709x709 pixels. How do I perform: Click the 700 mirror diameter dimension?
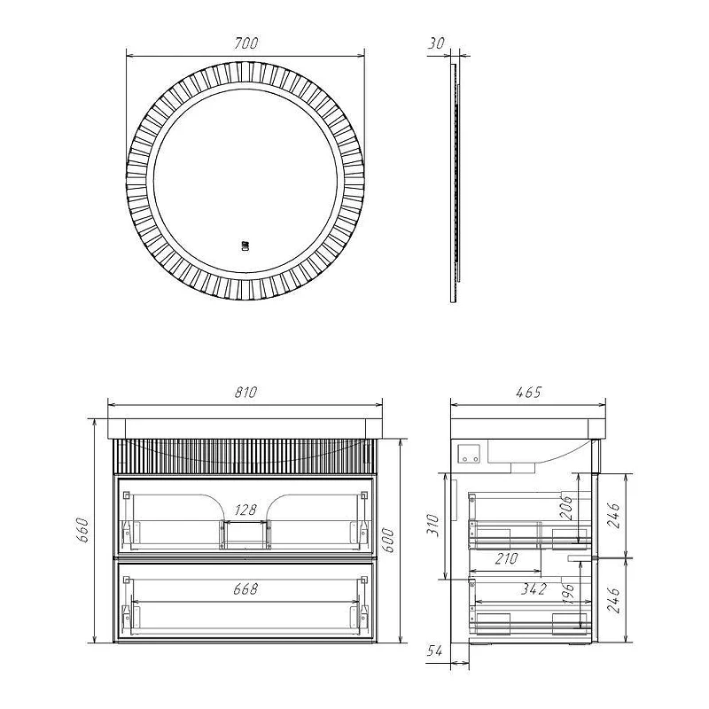point(246,43)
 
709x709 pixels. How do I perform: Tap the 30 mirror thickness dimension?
point(436,43)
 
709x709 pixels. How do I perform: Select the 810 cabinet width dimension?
point(245,392)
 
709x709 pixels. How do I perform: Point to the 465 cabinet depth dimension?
point(528,392)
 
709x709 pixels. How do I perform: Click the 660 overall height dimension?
point(84,530)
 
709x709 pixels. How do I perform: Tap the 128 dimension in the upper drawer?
point(245,510)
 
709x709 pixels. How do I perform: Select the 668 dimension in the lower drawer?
point(245,588)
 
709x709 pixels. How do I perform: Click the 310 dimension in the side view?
point(433,525)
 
